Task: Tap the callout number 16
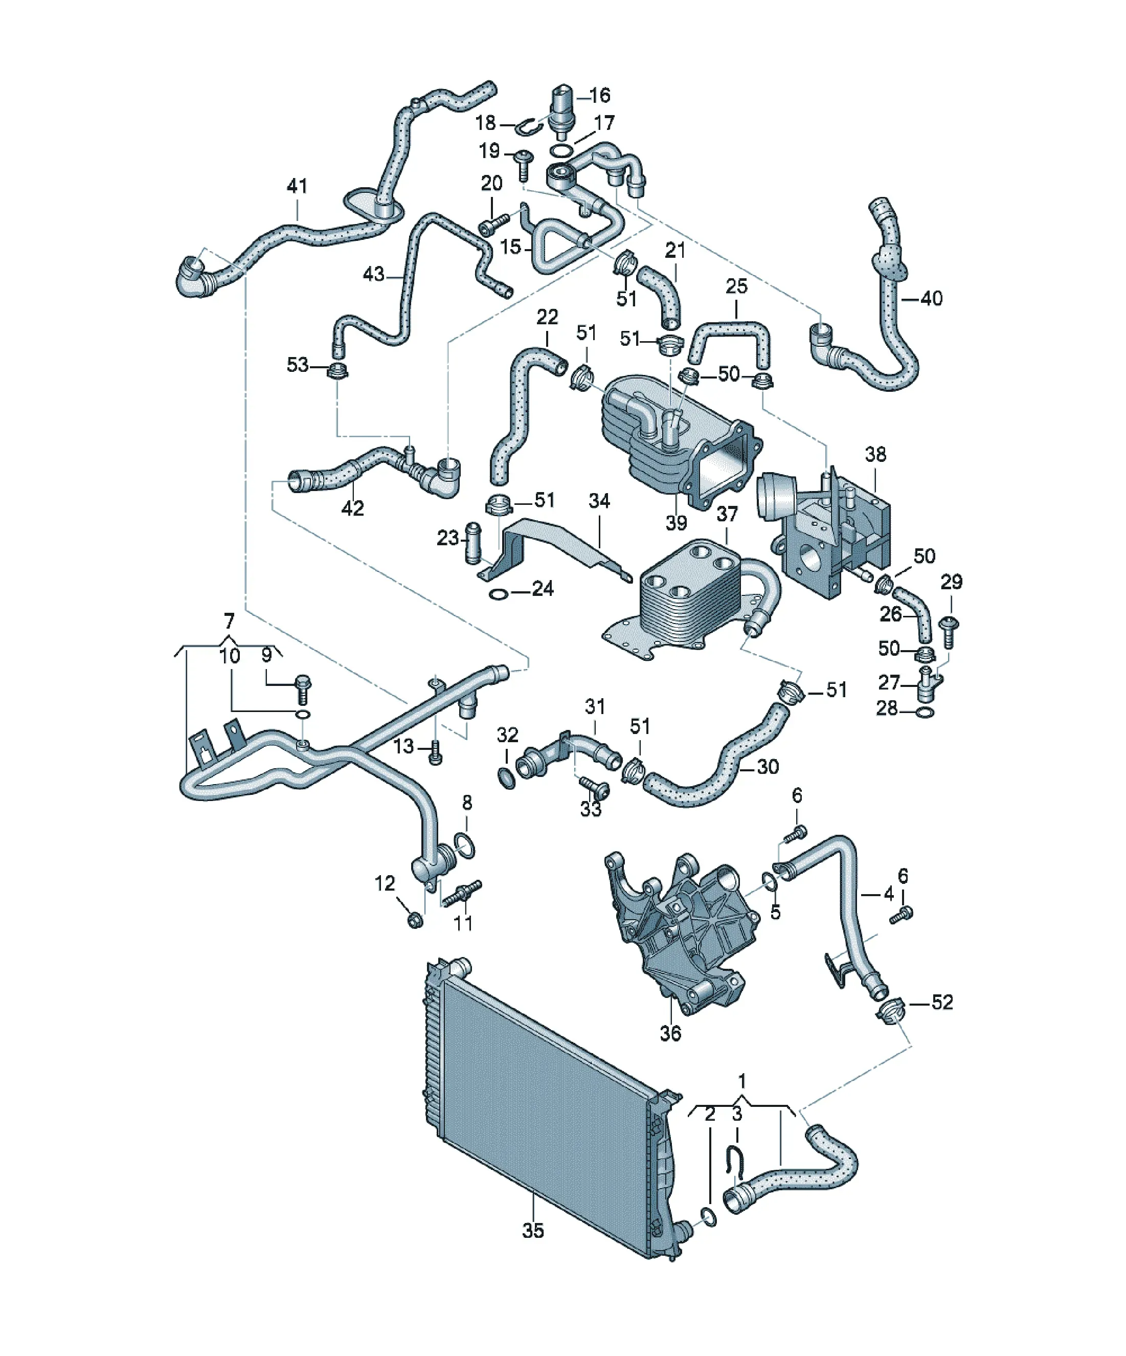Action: click(x=600, y=96)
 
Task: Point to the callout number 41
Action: click(x=297, y=186)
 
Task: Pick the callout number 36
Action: click(x=670, y=1033)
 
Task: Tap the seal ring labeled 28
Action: click(x=925, y=714)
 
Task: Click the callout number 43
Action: click(x=374, y=275)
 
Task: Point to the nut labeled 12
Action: click(x=416, y=918)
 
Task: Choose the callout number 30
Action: click(x=768, y=766)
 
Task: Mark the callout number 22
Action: click(x=547, y=317)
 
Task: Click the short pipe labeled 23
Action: click(x=474, y=541)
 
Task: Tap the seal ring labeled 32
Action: click(x=507, y=778)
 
